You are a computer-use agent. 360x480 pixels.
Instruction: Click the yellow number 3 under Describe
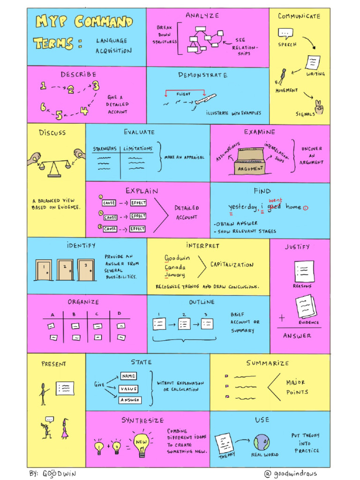[x=96, y=85]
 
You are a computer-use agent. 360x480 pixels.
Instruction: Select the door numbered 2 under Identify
[x=65, y=270]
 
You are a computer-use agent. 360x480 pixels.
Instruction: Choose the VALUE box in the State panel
[x=128, y=389]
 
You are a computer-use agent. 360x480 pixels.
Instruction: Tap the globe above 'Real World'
[x=262, y=442]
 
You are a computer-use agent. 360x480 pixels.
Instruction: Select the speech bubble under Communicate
[x=285, y=33]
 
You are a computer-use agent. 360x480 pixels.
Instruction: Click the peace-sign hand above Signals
[x=319, y=107]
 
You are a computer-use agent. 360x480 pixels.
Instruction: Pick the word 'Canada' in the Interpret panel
[x=175, y=267]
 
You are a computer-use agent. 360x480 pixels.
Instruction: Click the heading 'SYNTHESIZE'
[x=143, y=420]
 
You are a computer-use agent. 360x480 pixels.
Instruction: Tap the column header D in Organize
[x=119, y=313]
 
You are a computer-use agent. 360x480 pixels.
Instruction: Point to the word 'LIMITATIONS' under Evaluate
[x=138, y=149]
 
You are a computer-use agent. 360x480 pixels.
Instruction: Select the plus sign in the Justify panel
[x=282, y=318]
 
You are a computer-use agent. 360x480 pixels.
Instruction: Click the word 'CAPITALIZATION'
[x=232, y=265]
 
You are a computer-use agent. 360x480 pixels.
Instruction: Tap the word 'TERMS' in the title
[x=53, y=44]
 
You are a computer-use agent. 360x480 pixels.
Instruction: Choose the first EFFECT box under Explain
[x=138, y=203]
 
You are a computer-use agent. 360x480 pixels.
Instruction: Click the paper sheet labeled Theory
[x=224, y=442]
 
